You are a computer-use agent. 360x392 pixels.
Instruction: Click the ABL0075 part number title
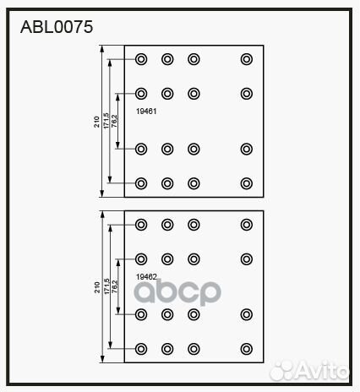coord(57,27)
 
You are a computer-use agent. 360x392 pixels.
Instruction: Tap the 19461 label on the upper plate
coord(146,112)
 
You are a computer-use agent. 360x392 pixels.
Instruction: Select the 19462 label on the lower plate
coord(146,277)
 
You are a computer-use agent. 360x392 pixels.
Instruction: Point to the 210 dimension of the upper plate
coord(96,122)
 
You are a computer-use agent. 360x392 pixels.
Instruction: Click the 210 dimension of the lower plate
coord(97,287)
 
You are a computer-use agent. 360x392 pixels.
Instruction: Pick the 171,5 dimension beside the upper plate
coord(106,121)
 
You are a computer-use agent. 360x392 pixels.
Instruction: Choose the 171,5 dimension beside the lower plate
coord(106,286)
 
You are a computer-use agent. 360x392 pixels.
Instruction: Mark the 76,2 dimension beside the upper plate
coord(114,121)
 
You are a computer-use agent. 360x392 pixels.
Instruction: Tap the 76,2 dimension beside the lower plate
coord(114,286)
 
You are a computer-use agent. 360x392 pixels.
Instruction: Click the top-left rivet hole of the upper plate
coord(141,59)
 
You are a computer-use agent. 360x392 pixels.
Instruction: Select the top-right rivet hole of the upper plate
coord(247,59)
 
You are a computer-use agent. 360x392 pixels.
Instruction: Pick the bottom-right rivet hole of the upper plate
coord(247,183)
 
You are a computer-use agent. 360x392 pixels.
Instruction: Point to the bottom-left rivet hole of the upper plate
coord(141,183)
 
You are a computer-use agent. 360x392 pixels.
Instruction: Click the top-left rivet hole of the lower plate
coord(141,225)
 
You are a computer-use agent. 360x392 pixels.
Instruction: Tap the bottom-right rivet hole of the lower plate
coord(247,349)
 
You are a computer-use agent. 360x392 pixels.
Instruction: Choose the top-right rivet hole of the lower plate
coord(247,225)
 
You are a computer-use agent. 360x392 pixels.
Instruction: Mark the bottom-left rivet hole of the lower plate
coord(141,349)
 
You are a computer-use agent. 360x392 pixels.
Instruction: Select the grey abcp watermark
coord(177,292)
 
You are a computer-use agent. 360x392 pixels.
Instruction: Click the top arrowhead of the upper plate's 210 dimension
coord(102,49)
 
